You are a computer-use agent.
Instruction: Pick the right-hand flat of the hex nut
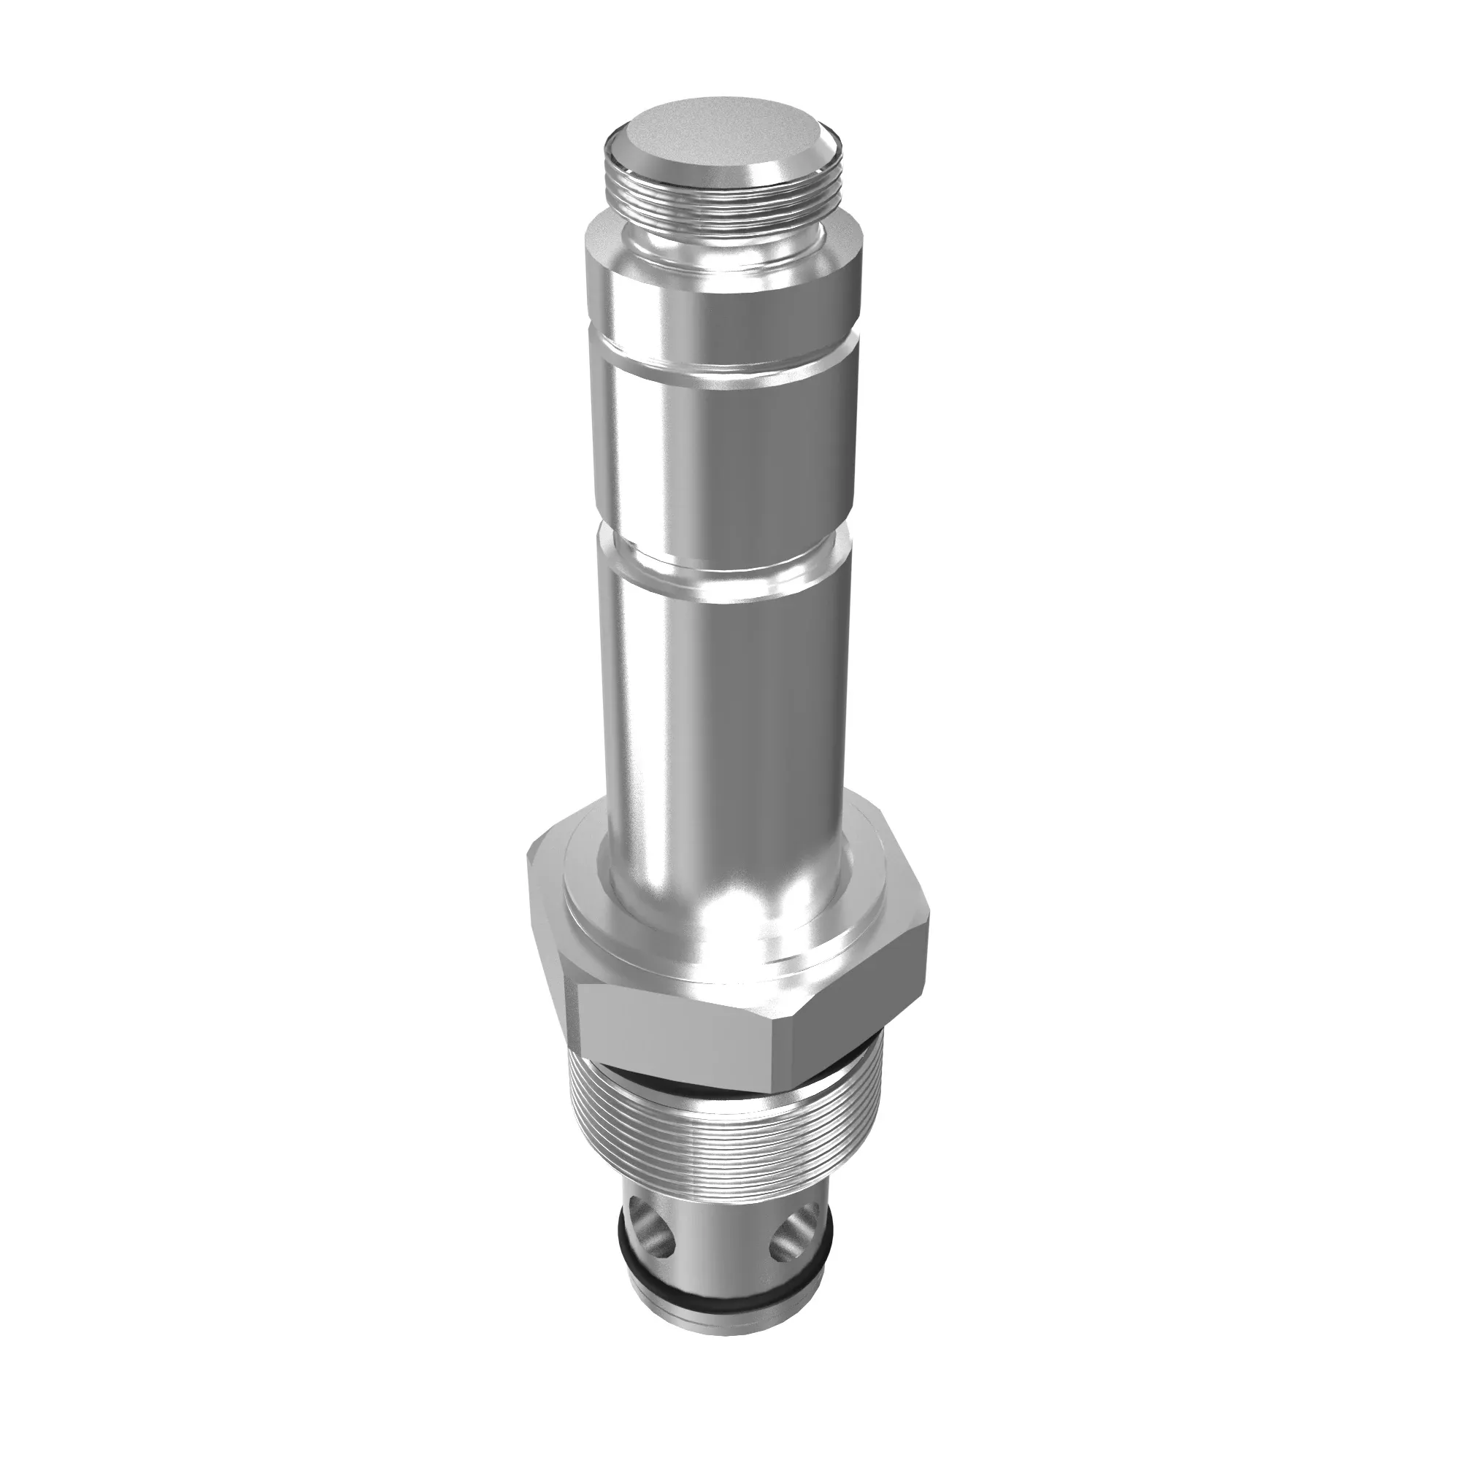coord(861,997)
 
